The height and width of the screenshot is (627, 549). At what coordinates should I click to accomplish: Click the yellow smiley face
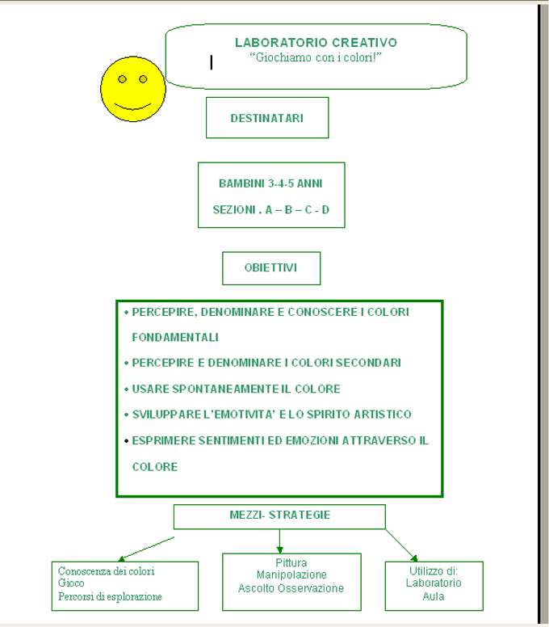tap(133, 89)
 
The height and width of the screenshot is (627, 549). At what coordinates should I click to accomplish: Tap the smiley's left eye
tap(122, 79)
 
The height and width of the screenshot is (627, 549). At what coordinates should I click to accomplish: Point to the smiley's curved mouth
tap(133, 107)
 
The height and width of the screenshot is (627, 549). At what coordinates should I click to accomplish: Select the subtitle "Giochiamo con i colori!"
tap(316, 57)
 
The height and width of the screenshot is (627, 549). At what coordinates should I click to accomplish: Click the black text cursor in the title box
tap(212, 62)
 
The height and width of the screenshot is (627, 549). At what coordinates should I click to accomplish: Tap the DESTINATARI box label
tap(267, 118)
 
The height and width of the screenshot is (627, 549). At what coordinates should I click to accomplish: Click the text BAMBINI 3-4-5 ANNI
tap(270, 183)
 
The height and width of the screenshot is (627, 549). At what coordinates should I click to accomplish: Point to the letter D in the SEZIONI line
tap(325, 209)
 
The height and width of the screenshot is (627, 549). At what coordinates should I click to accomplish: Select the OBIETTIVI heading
tap(270, 267)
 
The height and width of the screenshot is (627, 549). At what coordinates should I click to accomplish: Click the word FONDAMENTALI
tap(175, 338)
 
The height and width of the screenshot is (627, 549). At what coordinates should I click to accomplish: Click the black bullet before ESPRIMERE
tap(126, 441)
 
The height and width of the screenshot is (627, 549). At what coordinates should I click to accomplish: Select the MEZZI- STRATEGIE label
tap(279, 515)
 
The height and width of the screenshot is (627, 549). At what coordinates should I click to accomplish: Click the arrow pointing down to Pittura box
tap(279, 541)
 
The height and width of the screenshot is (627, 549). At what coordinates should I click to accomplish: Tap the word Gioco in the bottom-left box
tap(71, 583)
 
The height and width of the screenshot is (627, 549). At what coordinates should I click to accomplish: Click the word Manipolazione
tap(291, 574)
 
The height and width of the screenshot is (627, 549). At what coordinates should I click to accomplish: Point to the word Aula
tap(434, 596)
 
